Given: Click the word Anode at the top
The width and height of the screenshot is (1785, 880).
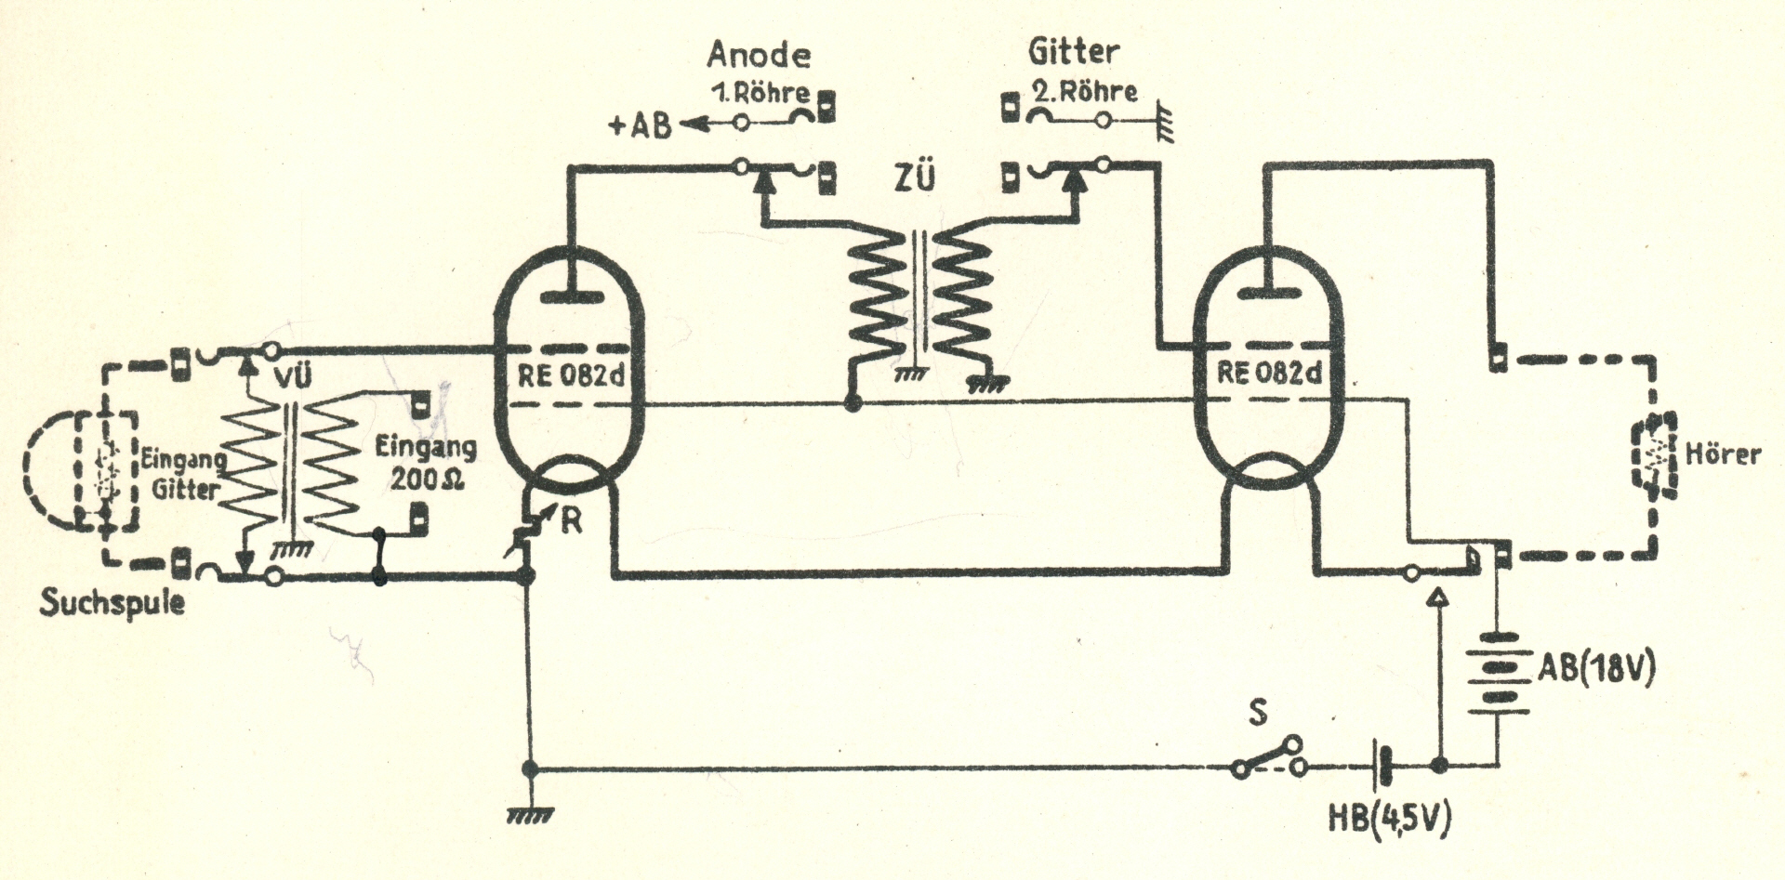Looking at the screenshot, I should pos(758,55).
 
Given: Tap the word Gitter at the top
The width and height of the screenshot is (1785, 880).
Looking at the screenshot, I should pos(1073,52).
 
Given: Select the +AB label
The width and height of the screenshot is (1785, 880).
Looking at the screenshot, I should pos(640,125).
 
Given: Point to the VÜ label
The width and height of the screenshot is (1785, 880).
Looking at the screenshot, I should pos(292,376).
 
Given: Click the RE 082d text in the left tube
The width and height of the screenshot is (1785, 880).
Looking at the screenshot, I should pos(571,375).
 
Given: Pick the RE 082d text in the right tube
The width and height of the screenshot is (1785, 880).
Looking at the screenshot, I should pos(1268,374).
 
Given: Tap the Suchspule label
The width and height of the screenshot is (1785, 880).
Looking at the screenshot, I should pos(112,602).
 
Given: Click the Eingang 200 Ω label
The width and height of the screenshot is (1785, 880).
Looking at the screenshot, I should pos(425,463).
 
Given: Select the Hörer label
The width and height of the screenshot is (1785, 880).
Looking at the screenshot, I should pos(1723,454).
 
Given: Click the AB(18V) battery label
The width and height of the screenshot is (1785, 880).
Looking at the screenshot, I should pos(1596,668).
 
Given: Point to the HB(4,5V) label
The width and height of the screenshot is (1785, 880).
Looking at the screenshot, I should pos(1389,818).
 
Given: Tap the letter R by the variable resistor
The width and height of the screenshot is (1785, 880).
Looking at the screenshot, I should pos(571,521).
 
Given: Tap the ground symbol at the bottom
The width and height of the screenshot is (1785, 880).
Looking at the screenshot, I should pos(530,815).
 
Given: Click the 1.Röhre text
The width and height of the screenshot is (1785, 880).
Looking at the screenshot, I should pos(760,93).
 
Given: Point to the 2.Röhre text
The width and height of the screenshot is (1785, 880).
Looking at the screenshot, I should pos(1084,92).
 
